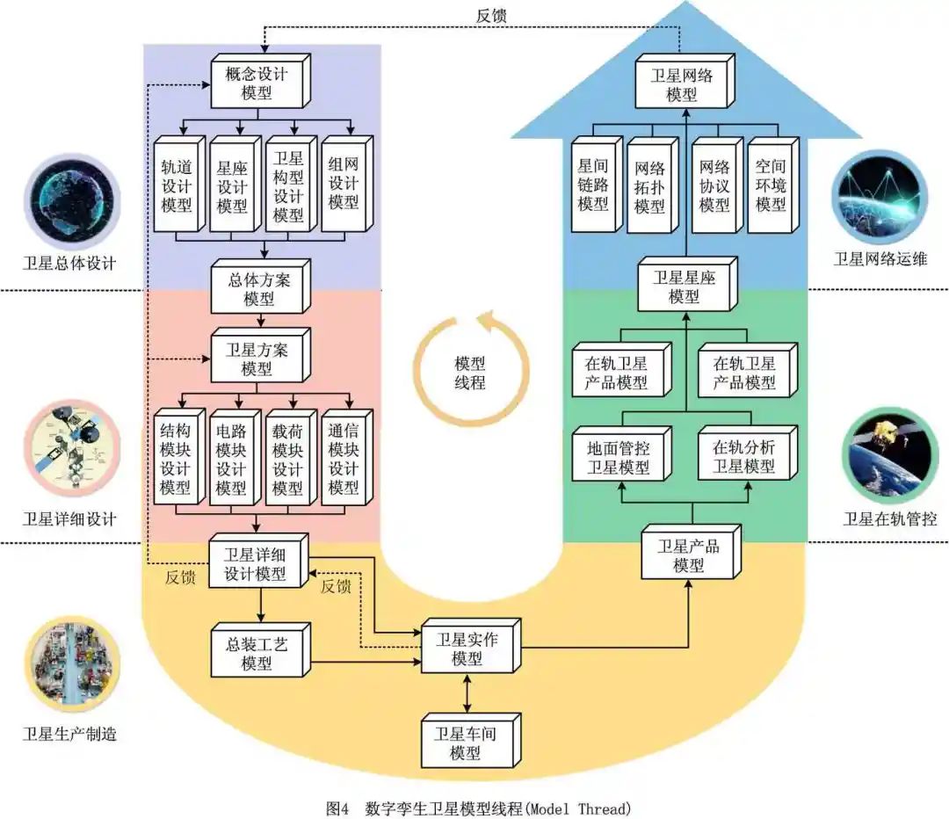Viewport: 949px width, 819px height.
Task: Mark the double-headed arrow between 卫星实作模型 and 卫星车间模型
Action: tap(467, 693)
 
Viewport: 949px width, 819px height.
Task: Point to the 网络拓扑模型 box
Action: tap(649, 187)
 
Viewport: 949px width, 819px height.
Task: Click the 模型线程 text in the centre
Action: tap(470, 373)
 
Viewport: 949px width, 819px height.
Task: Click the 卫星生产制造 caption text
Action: tap(69, 734)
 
